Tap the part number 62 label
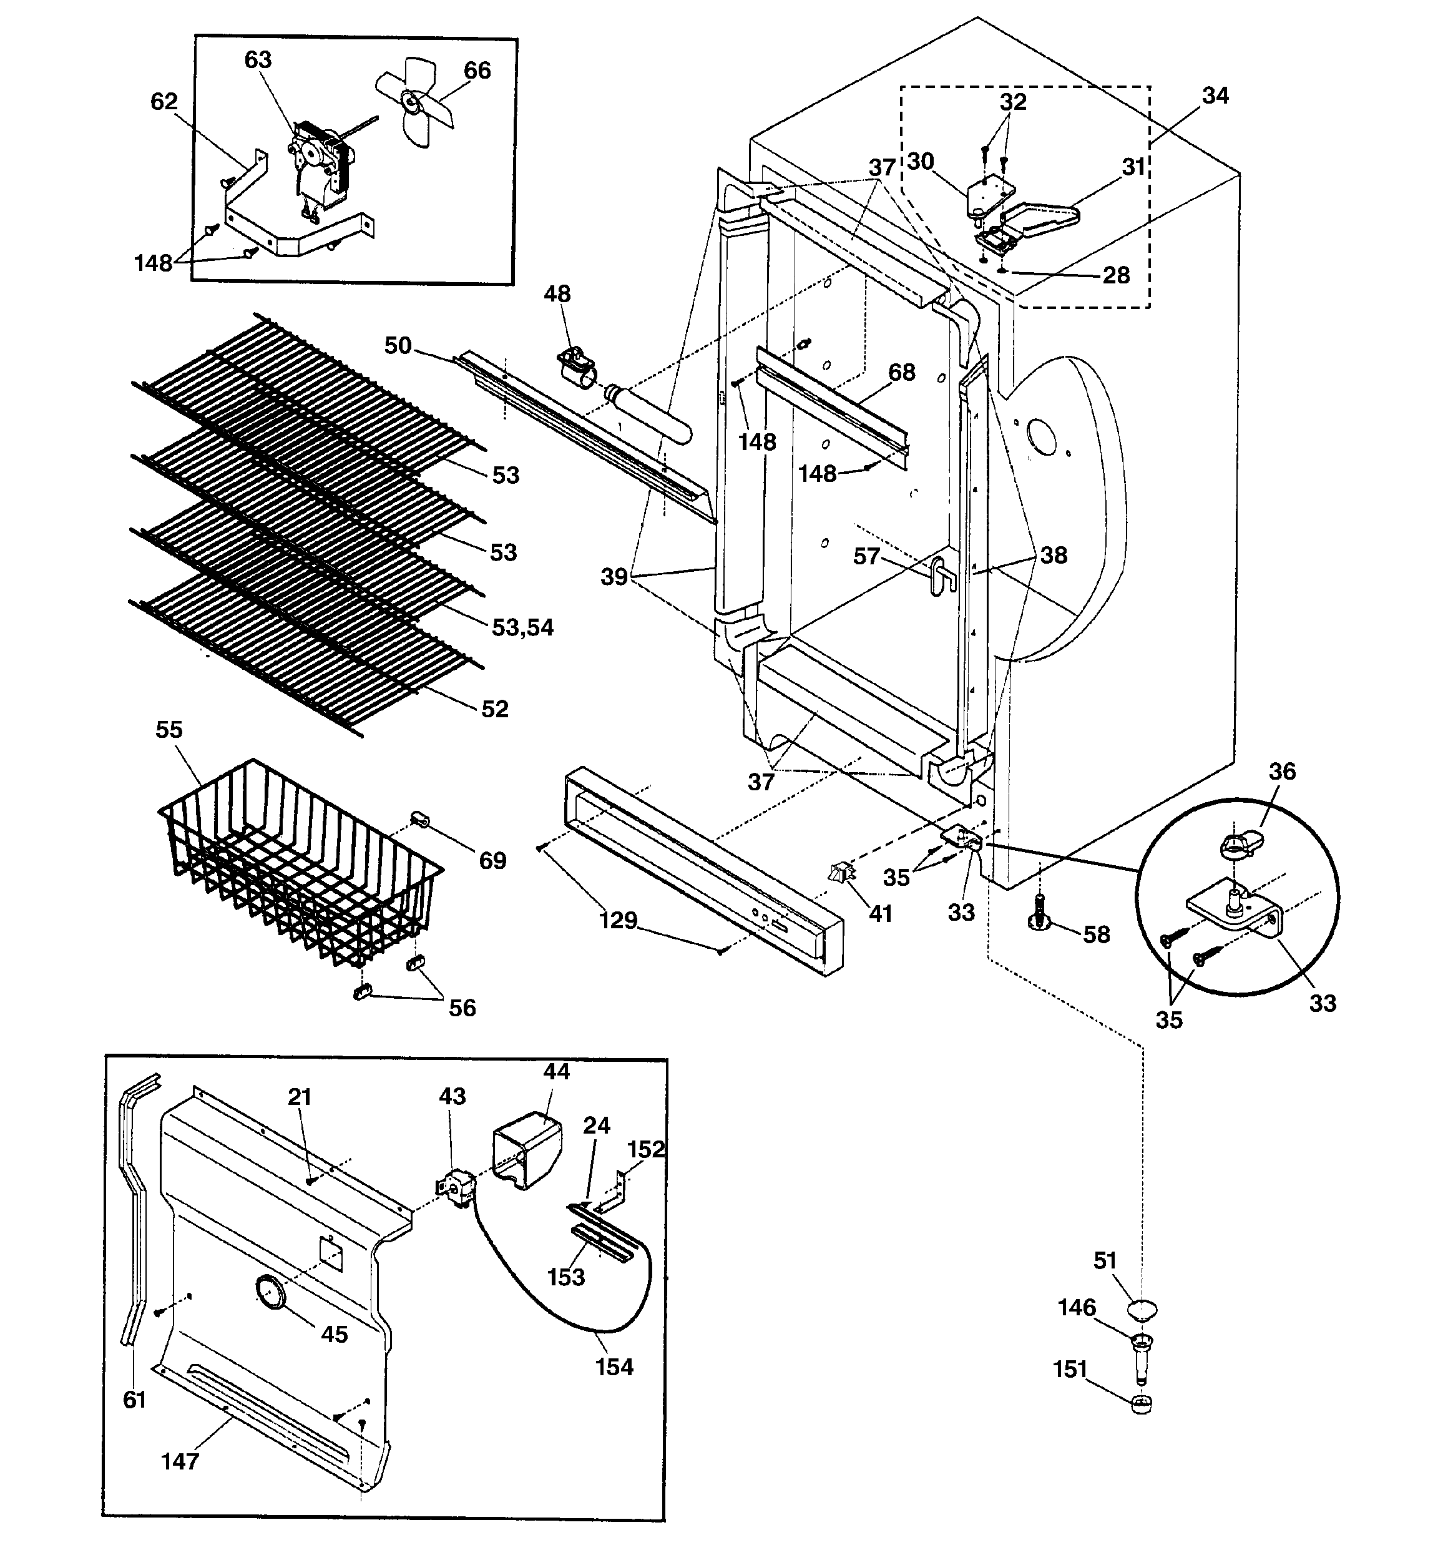coord(164,102)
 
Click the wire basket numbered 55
coord(299,863)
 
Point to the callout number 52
coord(495,709)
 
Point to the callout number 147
coord(180,1461)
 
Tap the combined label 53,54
coord(522,627)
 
